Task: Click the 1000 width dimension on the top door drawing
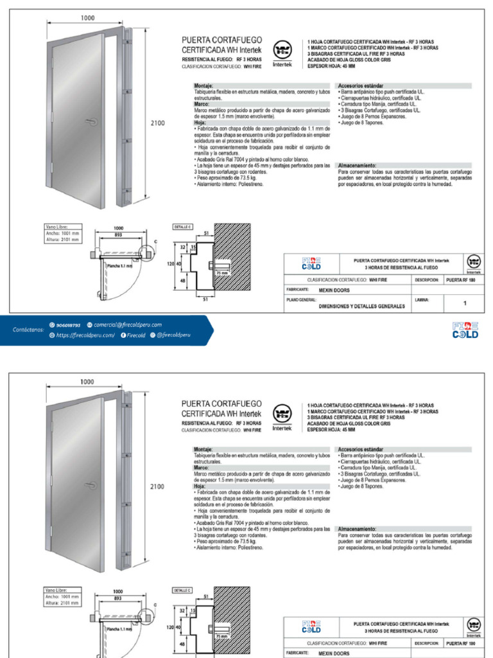pos(88,17)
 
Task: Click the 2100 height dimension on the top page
pos(158,123)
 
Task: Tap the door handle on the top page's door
pos(90,120)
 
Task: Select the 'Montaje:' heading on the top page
pos(203,85)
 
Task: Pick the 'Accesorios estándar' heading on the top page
pos(361,85)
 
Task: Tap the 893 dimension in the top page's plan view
pos(118,235)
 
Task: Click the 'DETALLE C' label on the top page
pos(182,227)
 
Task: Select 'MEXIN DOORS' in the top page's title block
pos(334,290)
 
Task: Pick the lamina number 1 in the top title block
pos(465,303)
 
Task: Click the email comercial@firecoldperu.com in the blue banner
pos(127,325)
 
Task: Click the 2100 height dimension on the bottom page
pos(158,487)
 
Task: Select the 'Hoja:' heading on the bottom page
pos(200,486)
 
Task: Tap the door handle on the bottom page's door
pos(90,485)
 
